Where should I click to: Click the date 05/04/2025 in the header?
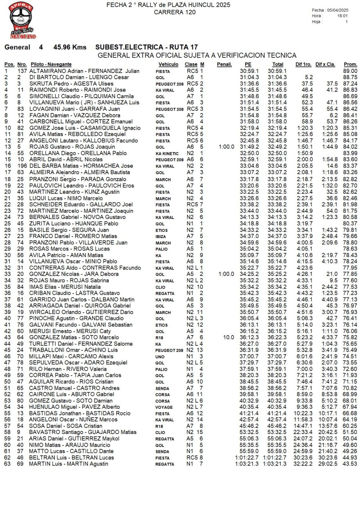(338, 10)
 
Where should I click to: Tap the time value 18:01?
(342, 16)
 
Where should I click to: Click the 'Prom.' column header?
(350, 64)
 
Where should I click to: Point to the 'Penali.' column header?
(224, 64)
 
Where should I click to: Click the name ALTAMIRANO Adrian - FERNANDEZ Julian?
(84, 71)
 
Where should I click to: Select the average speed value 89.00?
(350, 71)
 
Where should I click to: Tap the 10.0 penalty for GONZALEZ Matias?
(228, 337)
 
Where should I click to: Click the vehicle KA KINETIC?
(167, 154)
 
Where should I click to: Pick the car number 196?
(22, 166)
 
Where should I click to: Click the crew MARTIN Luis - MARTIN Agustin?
(68, 464)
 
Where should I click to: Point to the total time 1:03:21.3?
(274, 464)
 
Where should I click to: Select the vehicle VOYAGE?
(164, 407)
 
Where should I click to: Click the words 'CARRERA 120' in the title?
(174, 12)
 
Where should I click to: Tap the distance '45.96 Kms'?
(70, 47)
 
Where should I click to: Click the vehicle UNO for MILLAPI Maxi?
(160, 357)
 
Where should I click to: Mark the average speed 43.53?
(350, 464)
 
